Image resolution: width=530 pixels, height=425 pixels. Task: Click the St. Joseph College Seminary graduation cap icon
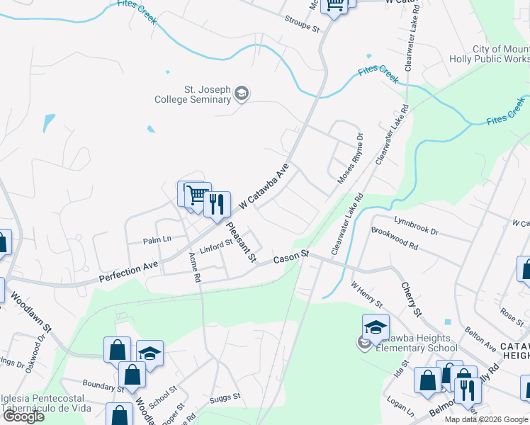(242, 94)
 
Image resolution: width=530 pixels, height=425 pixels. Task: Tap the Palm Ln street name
(157, 239)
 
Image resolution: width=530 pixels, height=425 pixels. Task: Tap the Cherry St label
(411, 299)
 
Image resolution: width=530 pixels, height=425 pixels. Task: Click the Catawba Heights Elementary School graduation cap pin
(376, 327)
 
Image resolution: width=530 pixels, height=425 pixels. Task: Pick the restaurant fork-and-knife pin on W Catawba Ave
(217, 204)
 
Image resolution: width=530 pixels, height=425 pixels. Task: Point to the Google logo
(24, 416)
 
